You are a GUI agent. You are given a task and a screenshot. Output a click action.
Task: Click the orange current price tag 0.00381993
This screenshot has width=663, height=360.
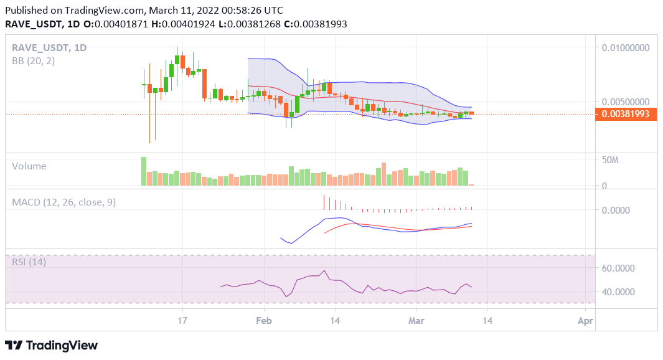pos(626,114)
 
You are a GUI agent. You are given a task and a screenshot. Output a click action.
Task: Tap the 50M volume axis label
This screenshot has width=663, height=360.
pos(610,161)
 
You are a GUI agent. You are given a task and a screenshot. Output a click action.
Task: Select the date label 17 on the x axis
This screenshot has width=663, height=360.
pos(182,321)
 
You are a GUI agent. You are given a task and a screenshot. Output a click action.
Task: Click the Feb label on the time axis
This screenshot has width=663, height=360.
pos(264,321)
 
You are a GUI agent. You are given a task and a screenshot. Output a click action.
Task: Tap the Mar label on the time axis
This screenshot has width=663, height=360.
pos(416,321)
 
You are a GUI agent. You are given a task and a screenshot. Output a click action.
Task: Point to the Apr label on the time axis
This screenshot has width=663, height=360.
pos(585,321)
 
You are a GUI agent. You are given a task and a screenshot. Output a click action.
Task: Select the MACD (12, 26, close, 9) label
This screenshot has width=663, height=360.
pos(63,202)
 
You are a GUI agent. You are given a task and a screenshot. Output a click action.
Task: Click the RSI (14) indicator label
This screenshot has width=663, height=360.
pos(29,262)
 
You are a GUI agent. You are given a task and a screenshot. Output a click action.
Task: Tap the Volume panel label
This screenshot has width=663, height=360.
pos(29,166)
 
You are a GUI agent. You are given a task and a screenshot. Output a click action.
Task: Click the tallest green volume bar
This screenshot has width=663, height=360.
pos(144,171)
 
